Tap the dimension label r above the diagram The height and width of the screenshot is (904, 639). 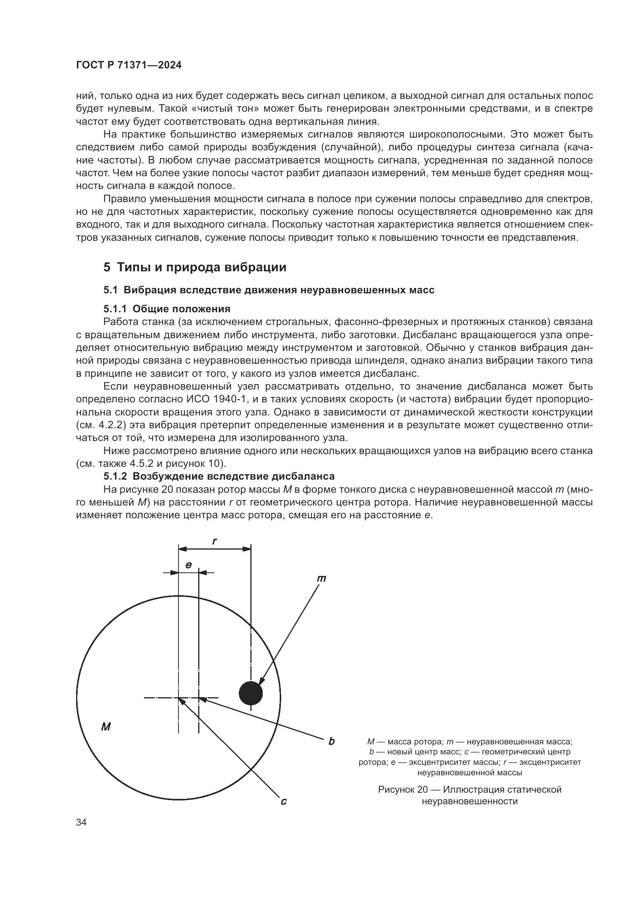point(215,541)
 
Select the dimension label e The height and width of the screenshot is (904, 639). point(189,565)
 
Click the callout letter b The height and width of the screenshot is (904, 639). point(331,741)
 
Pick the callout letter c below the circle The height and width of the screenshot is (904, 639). point(283,801)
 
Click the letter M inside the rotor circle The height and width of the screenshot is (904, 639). point(105,727)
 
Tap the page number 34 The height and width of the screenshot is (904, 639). point(82,822)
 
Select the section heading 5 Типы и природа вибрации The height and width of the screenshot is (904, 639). point(195,267)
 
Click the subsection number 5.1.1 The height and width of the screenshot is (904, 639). point(116,308)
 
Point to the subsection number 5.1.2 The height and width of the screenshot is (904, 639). point(116,476)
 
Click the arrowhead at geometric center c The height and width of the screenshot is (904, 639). point(181,700)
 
